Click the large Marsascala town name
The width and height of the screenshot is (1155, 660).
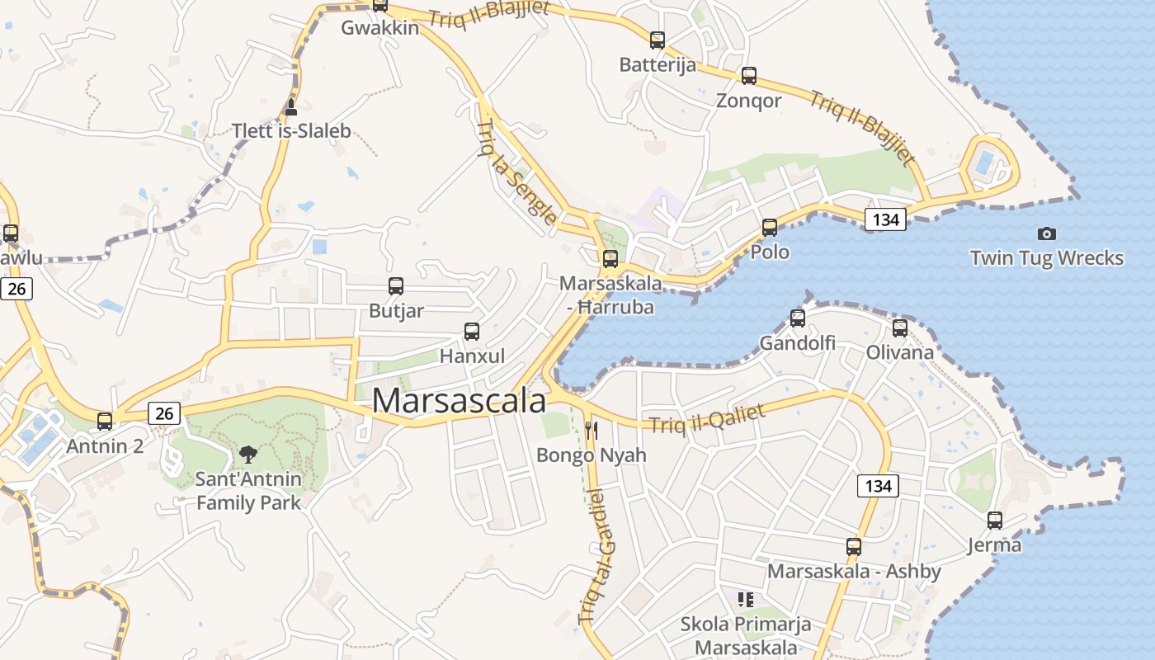(x=459, y=401)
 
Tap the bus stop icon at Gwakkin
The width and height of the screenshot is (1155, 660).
(x=379, y=5)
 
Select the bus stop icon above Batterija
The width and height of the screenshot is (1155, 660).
(x=657, y=40)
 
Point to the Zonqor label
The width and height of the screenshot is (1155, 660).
(x=748, y=101)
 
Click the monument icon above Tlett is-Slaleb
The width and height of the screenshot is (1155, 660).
(x=290, y=106)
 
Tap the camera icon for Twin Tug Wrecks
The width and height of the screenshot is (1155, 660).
(x=1046, y=233)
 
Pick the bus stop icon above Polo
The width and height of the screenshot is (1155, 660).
(x=770, y=227)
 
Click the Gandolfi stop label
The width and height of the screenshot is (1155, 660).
(x=797, y=343)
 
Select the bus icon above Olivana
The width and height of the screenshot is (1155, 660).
(x=899, y=328)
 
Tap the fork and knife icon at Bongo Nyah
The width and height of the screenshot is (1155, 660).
(x=591, y=430)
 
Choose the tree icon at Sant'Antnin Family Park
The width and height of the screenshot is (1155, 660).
(x=247, y=453)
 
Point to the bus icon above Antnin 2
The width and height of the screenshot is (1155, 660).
(x=105, y=421)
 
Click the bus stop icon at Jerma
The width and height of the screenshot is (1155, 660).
(x=995, y=520)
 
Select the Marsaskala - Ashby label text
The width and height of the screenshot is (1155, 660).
(x=854, y=572)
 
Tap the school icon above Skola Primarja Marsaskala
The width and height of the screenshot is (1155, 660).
(x=746, y=599)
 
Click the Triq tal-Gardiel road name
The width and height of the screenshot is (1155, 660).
(x=598, y=556)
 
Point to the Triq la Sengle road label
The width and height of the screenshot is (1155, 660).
(x=516, y=172)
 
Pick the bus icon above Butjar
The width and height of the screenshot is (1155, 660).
(x=396, y=286)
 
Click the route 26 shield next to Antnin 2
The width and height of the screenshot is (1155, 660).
(x=164, y=412)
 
